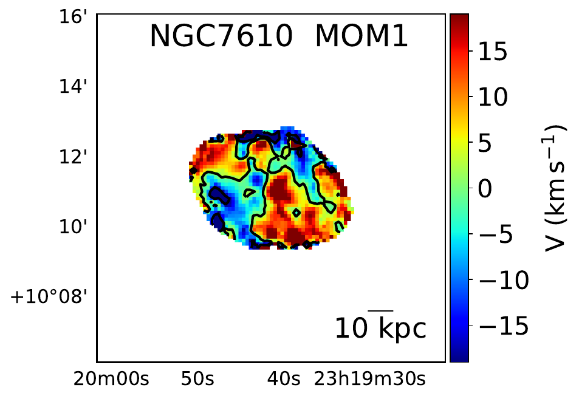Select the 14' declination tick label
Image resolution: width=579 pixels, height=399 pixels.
pos(80,87)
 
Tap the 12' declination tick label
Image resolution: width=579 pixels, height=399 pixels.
pos(80,157)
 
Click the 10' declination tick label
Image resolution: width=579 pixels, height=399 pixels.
pos(80,227)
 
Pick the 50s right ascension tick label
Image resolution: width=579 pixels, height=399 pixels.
pos(197,380)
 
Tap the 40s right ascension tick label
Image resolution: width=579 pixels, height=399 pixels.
pos(284,380)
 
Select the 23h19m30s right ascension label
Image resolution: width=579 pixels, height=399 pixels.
pos(369,380)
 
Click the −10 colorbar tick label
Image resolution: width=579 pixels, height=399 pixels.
pos(504,281)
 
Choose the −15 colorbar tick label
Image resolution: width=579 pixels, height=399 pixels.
pos(504,327)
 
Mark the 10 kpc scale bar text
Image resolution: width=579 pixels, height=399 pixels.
pos(381,329)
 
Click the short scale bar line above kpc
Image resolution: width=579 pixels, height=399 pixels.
pos(381,310)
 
